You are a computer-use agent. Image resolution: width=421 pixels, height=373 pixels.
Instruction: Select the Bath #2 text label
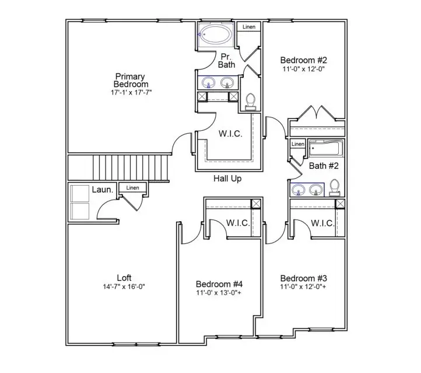point(324,166)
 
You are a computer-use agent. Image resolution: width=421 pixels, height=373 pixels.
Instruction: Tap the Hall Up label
point(227,179)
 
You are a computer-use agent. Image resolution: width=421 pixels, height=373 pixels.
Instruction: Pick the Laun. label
point(103,189)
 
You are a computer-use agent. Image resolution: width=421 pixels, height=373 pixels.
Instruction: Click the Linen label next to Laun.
point(132,188)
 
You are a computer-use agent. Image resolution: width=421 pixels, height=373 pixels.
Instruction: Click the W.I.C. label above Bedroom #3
point(322,223)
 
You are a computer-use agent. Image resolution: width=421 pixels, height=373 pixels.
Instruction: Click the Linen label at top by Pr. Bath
point(249,27)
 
